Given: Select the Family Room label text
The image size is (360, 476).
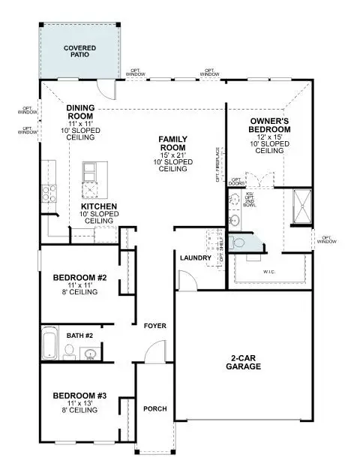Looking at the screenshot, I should (172, 143).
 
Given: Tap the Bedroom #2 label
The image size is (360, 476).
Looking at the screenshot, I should (80, 279).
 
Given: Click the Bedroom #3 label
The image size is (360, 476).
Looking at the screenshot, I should (80, 395).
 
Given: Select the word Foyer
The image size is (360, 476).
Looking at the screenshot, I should (155, 326).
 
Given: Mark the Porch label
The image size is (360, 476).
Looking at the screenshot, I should (155, 409).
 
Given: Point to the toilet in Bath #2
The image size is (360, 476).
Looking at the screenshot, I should (68, 350).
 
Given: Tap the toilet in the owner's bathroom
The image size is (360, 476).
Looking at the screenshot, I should (239, 243).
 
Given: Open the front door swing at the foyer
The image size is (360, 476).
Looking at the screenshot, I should (155, 353).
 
